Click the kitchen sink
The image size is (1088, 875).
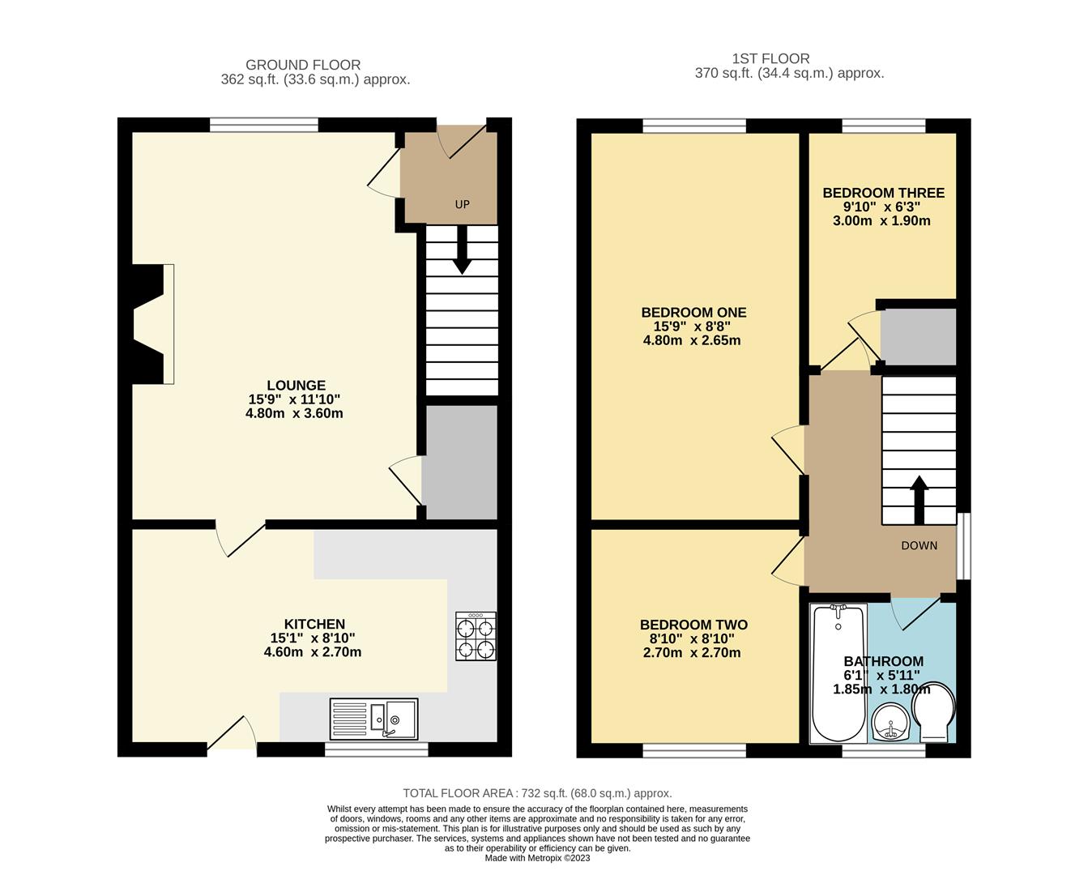point(373,719)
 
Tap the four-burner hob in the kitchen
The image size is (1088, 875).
point(476,637)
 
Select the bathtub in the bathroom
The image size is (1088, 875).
point(838,673)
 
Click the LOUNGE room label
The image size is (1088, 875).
point(297,386)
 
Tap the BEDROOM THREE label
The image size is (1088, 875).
point(883,193)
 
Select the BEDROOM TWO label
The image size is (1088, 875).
point(693,625)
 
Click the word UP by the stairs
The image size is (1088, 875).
point(462,204)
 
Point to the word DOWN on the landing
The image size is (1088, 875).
point(919,545)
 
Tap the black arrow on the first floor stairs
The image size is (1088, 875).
point(919,499)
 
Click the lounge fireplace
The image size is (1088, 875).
point(150,323)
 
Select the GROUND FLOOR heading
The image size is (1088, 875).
point(303,65)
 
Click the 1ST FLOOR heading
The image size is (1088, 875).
point(770,58)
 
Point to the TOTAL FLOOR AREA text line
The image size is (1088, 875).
point(537,793)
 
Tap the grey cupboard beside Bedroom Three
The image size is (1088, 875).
point(918,336)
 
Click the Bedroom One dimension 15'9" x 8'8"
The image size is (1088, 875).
point(692,327)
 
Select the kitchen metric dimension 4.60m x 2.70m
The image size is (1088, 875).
point(313,651)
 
